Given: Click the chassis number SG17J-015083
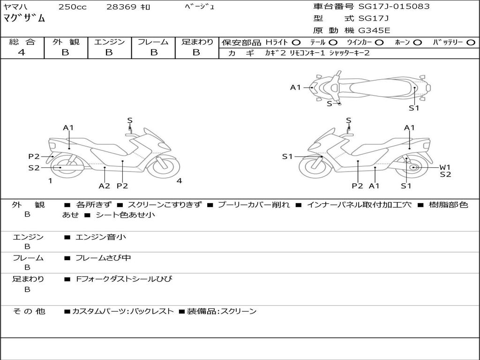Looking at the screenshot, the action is pos(394,6).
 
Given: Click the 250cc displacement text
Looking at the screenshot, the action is pos(73,7).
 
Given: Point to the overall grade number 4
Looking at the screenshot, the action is pos(22,52).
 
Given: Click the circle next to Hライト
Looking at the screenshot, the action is pos(296,43).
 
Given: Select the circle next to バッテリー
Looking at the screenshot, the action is pos(471,43).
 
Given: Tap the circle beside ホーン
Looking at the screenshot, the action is pos(417,43).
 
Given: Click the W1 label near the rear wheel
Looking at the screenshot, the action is pos(445,167).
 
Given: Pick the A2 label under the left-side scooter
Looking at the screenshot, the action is pos(105,186).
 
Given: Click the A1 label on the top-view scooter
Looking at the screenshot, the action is pos(295,88).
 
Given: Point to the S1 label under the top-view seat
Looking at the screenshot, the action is pos(414,108).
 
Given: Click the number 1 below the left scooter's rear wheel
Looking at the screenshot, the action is pos(50,181).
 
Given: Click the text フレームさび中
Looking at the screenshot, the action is pos(103,258).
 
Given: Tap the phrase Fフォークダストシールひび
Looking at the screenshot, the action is pos(124,279).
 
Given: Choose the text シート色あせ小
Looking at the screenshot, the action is pos(125,215).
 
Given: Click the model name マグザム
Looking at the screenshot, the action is pos(24,18).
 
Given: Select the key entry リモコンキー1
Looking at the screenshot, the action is pos(307,53).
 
